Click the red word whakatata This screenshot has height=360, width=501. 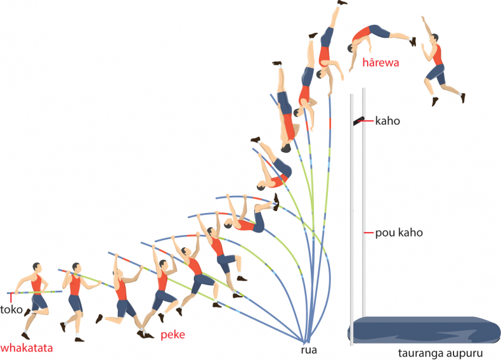27,348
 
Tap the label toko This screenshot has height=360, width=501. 11,309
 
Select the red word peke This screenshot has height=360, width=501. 172,335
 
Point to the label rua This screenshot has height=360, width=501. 309,350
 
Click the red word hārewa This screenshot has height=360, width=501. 381,62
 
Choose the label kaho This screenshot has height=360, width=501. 387,121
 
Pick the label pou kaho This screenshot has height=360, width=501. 399,233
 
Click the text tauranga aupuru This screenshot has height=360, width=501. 440,353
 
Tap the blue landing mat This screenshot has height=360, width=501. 424,330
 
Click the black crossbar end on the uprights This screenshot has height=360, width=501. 358,121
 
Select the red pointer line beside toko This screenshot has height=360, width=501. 11,298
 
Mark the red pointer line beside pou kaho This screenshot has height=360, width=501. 368,233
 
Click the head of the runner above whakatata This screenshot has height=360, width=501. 37,267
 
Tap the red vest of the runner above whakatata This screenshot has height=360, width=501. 36,284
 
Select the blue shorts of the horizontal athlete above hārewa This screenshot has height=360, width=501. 379,31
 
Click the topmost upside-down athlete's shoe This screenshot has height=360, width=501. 342,3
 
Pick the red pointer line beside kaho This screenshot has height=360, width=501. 366,121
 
